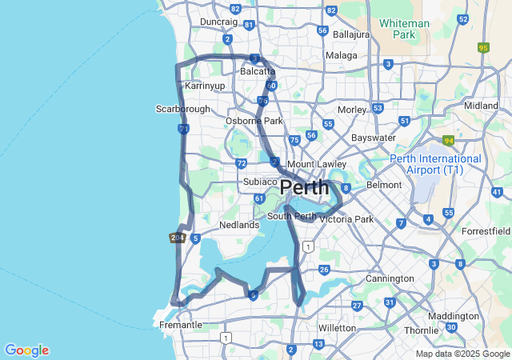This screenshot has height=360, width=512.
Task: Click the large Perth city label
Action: [305, 188]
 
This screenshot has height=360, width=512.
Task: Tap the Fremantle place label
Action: [181, 326]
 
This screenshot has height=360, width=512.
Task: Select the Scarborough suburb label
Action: [182, 109]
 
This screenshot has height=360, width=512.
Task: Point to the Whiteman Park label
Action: [407, 30]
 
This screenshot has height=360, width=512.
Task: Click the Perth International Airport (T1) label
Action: [436, 165]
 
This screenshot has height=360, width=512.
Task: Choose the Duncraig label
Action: [218, 22]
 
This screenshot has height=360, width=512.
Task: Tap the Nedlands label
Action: [239, 226]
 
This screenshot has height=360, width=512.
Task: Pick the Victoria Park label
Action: [348, 219]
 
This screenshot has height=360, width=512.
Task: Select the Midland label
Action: [481, 106]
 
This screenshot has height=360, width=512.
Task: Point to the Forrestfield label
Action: [485, 232]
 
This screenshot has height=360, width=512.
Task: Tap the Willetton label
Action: [337, 328]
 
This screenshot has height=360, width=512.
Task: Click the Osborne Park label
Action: [254, 121]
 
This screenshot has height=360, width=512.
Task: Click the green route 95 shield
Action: [482, 47]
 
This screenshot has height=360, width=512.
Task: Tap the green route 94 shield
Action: [449, 140]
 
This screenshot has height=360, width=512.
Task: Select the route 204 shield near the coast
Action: [177, 238]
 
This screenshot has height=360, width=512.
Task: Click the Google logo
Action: [26, 350]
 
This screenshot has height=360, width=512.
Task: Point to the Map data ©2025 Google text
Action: [462, 354]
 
